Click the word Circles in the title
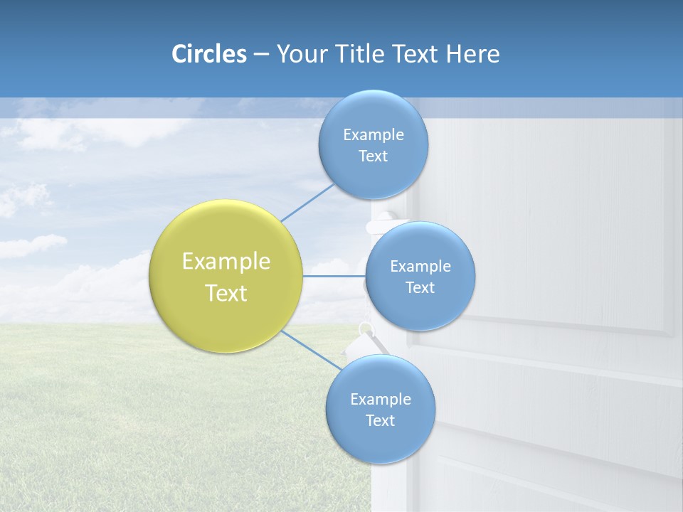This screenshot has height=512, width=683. point(208,54)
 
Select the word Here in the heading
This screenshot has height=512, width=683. point(473,54)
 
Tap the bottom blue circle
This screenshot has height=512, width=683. point(381,441)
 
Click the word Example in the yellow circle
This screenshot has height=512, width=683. point(226,262)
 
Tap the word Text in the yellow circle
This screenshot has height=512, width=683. point(226,293)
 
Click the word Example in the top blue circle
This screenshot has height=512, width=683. point(374,134)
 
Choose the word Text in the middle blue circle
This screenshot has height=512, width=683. point(420,287)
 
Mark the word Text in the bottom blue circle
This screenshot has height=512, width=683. point(380,420)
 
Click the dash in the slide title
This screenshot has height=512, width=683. point(261,54)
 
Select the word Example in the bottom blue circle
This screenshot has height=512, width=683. point(381,399)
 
